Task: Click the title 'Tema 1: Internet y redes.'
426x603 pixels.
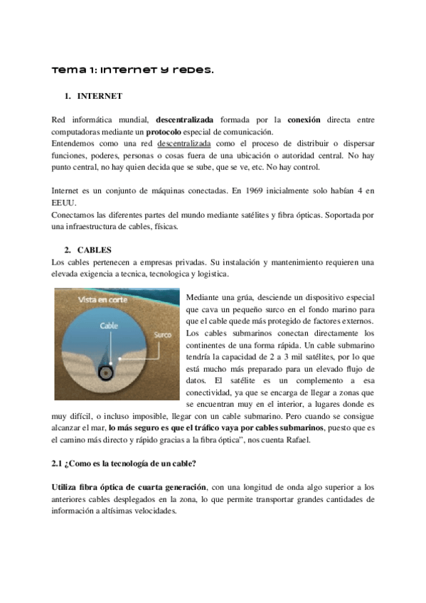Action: point(133,70)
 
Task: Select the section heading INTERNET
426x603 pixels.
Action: point(100,95)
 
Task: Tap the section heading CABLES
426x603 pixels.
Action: point(95,250)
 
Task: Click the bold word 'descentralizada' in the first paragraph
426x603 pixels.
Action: point(186,119)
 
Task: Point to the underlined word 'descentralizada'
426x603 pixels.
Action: point(190,144)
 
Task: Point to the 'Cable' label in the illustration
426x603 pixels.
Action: point(108,326)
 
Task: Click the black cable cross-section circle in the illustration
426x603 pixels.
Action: point(107,370)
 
